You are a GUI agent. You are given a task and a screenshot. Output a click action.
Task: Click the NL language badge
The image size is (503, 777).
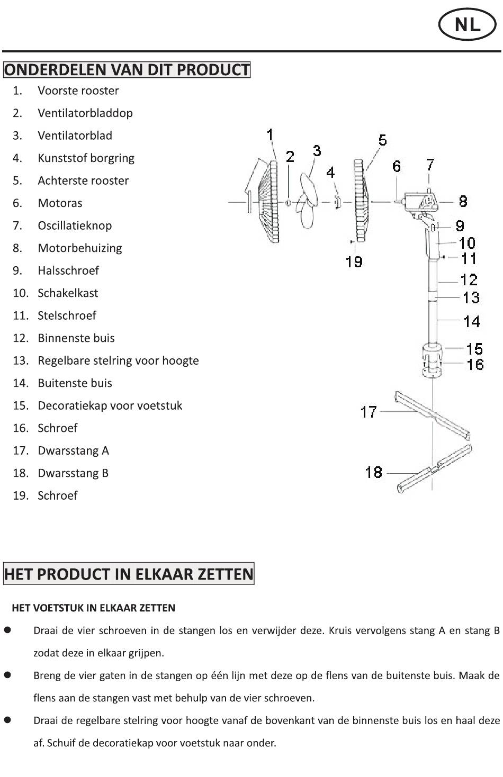pyautogui.click(x=468, y=25)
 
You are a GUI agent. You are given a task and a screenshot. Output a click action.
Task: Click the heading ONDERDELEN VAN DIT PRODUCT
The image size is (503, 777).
pyautogui.click(x=127, y=70)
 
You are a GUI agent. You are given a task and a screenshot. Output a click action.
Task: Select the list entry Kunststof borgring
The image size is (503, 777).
pyautogui.click(x=86, y=158)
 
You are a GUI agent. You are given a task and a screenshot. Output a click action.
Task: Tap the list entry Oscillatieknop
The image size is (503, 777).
pyautogui.click(x=75, y=225)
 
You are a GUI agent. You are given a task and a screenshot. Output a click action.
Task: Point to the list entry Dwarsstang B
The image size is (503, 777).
pyautogui.click(x=73, y=473)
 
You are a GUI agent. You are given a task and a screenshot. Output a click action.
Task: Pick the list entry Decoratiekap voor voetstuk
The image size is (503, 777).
pyautogui.click(x=110, y=405)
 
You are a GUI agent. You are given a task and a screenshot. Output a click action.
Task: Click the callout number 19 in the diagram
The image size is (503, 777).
pyautogui.click(x=354, y=262)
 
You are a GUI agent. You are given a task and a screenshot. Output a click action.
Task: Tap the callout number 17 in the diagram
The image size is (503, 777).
pyautogui.click(x=369, y=412)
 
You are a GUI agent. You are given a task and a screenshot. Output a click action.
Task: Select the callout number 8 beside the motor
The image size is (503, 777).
pyautogui.click(x=463, y=201)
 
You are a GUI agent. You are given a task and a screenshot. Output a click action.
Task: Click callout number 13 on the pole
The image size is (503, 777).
pyautogui.click(x=471, y=297)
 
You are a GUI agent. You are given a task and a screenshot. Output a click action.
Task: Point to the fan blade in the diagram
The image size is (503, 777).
pyautogui.click(x=308, y=201)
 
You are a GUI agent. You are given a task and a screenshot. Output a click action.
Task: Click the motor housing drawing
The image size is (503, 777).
pyautogui.click(x=420, y=202)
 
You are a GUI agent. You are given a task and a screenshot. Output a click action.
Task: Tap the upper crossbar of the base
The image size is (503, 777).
pyautogui.click(x=433, y=415)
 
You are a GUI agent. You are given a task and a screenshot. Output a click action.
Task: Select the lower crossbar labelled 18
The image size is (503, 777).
pyautogui.click(x=434, y=469)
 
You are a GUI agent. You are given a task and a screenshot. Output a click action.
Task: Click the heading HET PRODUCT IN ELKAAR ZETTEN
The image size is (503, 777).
pyautogui.click(x=129, y=574)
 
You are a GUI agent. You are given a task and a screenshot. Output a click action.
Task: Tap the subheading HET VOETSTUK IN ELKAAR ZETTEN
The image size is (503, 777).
pyautogui.click(x=94, y=608)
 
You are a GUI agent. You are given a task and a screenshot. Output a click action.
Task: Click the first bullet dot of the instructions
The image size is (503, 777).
pyautogui.click(x=7, y=630)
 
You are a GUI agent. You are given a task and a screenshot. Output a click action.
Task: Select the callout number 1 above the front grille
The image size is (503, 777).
pyautogui.click(x=270, y=135)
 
